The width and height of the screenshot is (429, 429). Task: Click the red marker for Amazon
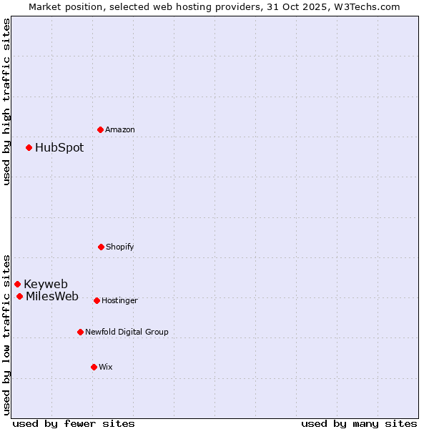(x=101, y=129)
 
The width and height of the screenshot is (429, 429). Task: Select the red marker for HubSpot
(x=29, y=147)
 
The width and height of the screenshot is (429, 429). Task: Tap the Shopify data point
(x=101, y=247)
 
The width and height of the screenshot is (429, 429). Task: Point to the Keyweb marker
(x=18, y=284)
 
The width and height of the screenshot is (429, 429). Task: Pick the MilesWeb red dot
(x=20, y=296)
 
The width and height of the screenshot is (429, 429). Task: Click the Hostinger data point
(x=97, y=300)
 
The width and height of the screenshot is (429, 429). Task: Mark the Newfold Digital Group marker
(x=80, y=332)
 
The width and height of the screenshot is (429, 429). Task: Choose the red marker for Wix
(x=94, y=367)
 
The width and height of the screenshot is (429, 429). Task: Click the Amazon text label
(x=120, y=129)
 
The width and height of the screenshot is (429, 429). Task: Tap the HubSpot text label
(x=59, y=148)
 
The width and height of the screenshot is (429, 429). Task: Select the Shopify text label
(x=120, y=247)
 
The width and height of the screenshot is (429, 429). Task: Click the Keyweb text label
(x=46, y=285)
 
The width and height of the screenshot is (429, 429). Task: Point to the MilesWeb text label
(x=52, y=297)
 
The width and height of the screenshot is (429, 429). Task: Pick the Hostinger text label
(x=119, y=301)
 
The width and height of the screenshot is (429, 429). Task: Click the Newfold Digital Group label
(x=127, y=332)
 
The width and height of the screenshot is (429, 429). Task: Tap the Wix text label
(x=106, y=367)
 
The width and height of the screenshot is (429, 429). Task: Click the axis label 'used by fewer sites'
(x=74, y=423)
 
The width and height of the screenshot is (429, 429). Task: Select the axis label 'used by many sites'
(x=359, y=423)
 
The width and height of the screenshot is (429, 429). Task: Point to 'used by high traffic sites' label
(x=6, y=102)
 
